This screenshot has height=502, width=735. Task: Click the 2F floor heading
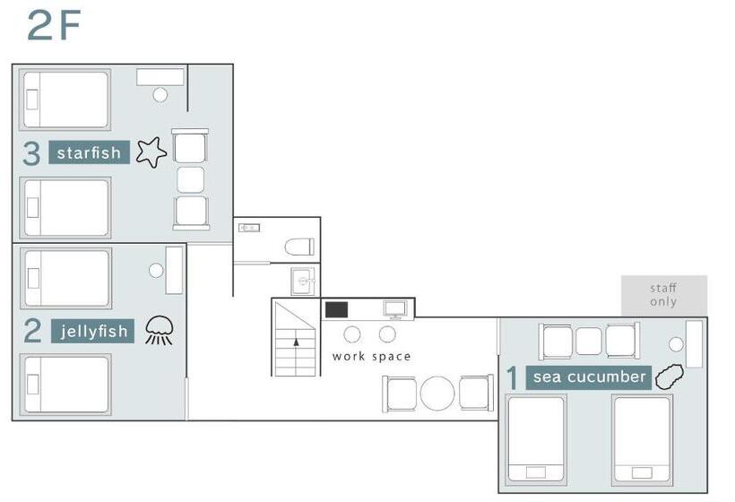(x=54, y=25)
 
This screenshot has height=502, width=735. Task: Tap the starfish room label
(x=89, y=152)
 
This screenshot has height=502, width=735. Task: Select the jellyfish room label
(x=93, y=331)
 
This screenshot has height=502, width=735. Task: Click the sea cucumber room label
(x=589, y=377)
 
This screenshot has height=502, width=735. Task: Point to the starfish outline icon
(x=151, y=151)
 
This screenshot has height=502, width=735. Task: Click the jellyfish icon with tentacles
(x=160, y=331)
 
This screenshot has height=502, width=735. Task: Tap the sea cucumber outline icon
(x=669, y=376)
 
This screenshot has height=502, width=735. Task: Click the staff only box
(x=664, y=295)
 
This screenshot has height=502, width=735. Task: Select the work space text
(x=371, y=357)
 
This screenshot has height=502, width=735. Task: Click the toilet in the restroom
(x=299, y=247)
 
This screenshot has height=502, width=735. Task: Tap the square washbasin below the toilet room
(x=303, y=281)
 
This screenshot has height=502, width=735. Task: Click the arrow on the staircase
(x=297, y=342)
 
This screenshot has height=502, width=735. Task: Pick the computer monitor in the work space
(x=395, y=309)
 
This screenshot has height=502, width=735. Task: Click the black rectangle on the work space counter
(x=336, y=310)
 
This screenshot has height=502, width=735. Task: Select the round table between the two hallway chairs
(x=437, y=394)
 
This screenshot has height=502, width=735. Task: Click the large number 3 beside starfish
(x=31, y=153)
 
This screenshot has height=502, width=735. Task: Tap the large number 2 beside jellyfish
(x=33, y=331)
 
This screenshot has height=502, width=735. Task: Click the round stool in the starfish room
(x=160, y=95)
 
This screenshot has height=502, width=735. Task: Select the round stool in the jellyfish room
(x=156, y=270)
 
